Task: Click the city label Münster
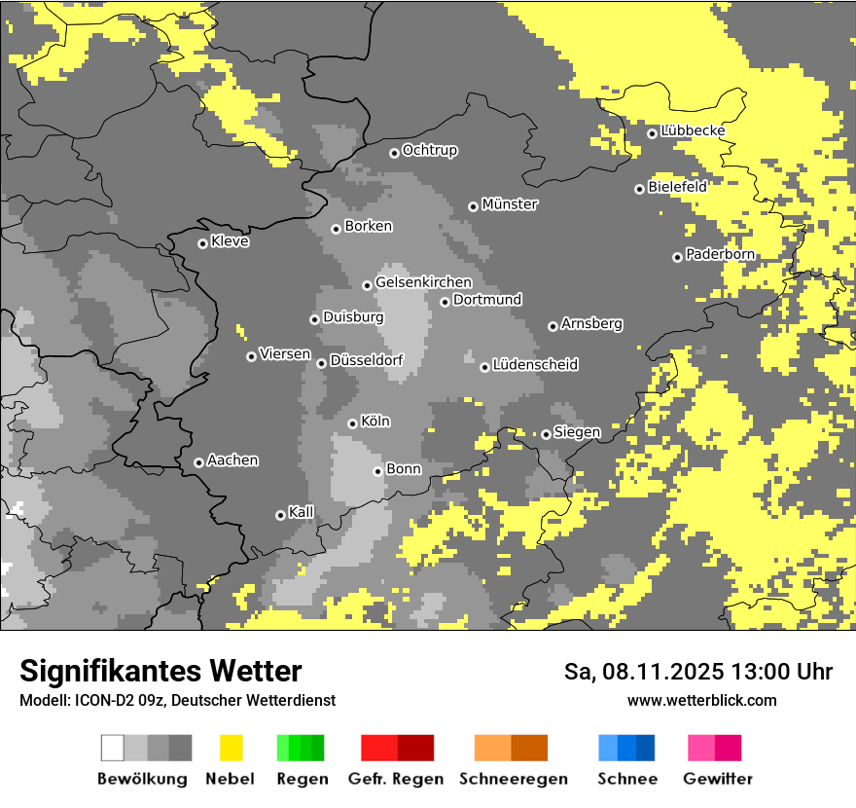pyautogui.click(x=510, y=204)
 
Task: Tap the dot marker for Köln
pyautogui.click(x=352, y=423)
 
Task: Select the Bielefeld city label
pyautogui.click(x=678, y=186)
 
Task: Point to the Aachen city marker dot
pyautogui.click(x=198, y=462)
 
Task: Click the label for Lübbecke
pyautogui.click(x=693, y=130)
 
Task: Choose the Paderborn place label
pyautogui.click(x=720, y=254)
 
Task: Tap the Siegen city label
pyautogui.click(x=577, y=432)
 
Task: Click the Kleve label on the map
pyautogui.click(x=230, y=241)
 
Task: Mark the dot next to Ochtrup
pyautogui.click(x=394, y=153)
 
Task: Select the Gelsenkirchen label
pyautogui.click(x=423, y=282)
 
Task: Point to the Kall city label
pyautogui.click(x=301, y=512)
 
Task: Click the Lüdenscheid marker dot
pyautogui.click(x=484, y=367)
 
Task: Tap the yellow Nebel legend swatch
pyautogui.click(x=231, y=748)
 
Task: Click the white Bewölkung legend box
pyautogui.click(x=113, y=748)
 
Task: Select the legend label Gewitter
pyautogui.click(x=718, y=779)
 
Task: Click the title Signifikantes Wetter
pyautogui.click(x=160, y=671)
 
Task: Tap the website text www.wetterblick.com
pyautogui.click(x=701, y=700)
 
